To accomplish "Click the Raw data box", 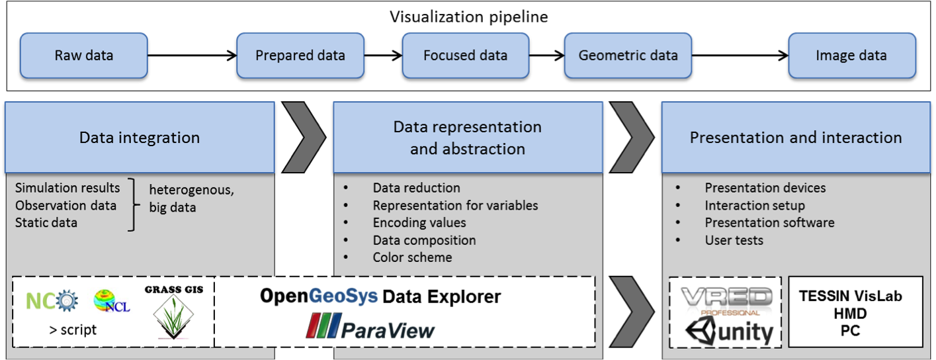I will tap(84, 56).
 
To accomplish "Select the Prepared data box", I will tap(300, 56).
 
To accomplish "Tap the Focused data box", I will tap(465, 56).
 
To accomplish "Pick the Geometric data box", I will tap(628, 56).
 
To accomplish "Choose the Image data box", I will tap(851, 56).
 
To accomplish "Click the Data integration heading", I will tap(140, 138).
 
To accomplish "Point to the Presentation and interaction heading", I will tap(796, 138).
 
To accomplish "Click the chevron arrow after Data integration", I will tap(304, 137).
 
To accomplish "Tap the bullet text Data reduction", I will tap(416, 188).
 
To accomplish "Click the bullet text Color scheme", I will tap(412, 257).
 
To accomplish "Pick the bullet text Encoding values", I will tap(419, 223).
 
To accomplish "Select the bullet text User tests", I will tap(734, 240).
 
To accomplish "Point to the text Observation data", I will tap(65, 205).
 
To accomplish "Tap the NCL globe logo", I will tap(112, 301).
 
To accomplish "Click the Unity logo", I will tap(728, 332).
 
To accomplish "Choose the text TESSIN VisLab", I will tap(850, 296).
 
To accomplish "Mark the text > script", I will tap(73, 330).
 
